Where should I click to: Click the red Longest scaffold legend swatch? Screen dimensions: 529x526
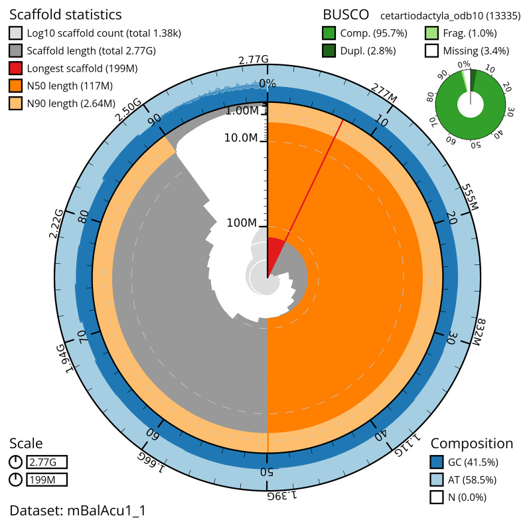pyautogui.click(x=15, y=68)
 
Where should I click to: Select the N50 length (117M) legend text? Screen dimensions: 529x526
pyautogui.click(x=70, y=86)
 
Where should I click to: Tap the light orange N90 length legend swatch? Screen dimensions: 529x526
pyautogui.click(x=15, y=104)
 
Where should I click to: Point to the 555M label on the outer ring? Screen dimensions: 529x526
pyautogui.click(x=470, y=197)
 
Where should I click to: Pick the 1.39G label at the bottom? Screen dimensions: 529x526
pyautogui.click(x=282, y=495)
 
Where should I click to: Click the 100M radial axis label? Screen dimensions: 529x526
pyautogui.click(x=242, y=223)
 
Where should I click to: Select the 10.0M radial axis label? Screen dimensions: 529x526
pyautogui.click(x=241, y=137)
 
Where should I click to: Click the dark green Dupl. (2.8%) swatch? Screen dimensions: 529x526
pyautogui.click(x=329, y=50)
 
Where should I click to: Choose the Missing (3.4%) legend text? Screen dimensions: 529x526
pyautogui.click(x=476, y=51)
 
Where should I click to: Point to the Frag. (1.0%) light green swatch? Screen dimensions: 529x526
pyautogui.click(x=432, y=33)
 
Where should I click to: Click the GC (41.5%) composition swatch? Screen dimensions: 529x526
pyautogui.click(x=437, y=462)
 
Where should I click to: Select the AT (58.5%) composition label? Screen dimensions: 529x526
pyautogui.click(x=473, y=480)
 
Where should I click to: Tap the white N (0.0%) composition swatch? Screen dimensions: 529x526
pyautogui.click(x=437, y=497)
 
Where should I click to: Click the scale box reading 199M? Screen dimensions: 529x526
pyautogui.click(x=47, y=480)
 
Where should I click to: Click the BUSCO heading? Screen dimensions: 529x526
pyautogui.click(x=346, y=15)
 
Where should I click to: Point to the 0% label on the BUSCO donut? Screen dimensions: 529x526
pyautogui.click(x=464, y=64)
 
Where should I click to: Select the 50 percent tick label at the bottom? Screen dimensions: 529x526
pyautogui.click(x=267, y=472)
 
